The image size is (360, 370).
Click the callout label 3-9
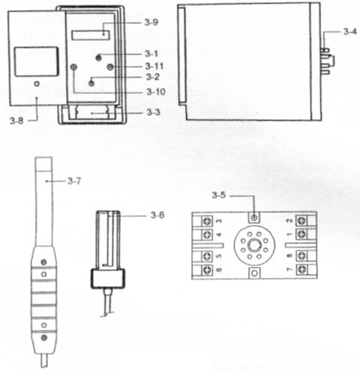click(x=151, y=22)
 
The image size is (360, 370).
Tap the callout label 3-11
click(x=154, y=67)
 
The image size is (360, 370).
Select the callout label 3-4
click(x=350, y=31)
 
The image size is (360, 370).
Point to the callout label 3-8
click(x=16, y=121)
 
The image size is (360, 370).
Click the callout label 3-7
click(x=74, y=181)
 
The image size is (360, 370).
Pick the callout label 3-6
click(x=157, y=215)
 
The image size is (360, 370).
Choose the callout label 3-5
click(x=219, y=195)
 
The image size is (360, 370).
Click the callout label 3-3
click(x=154, y=112)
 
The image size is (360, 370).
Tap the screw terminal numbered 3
click(x=207, y=221)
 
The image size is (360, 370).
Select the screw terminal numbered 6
click(x=207, y=270)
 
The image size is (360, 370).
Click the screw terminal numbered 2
click(x=301, y=220)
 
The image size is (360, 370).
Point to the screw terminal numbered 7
click(x=301, y=270)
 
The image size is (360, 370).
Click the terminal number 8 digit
click(x=289, y=255)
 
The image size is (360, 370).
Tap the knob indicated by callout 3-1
click(x=99, y=58)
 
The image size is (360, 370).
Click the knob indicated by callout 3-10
click(x=73, y=67)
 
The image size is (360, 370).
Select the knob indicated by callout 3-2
click(x=91, y=83)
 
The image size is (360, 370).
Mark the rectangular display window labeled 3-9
click(x=91, y=35)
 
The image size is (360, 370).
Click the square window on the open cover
click(x=36, y=61)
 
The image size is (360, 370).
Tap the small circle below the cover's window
click(x=37, y=84)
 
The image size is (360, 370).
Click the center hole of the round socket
click(x=254, y=246)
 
